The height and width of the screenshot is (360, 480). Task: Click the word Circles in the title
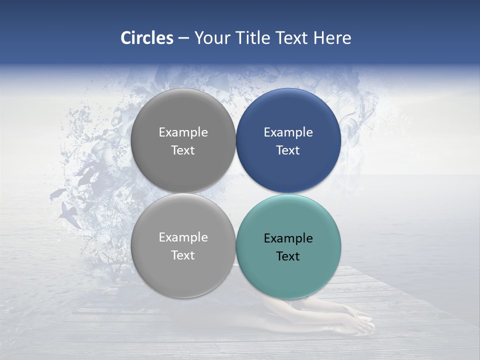point(147,38)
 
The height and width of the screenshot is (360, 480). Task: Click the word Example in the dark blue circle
point(288,132)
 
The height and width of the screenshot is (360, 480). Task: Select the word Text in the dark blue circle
point(288,150)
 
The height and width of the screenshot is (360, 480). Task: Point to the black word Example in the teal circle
point(288,238)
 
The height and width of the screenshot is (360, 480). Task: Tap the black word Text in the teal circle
point(288,256)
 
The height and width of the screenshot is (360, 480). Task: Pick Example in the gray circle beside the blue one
point(183,132)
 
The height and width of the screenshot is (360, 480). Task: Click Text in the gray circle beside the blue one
point(183,150)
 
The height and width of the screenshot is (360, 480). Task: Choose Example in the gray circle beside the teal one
point(183,237)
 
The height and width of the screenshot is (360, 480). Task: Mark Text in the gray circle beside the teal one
point(183,255)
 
